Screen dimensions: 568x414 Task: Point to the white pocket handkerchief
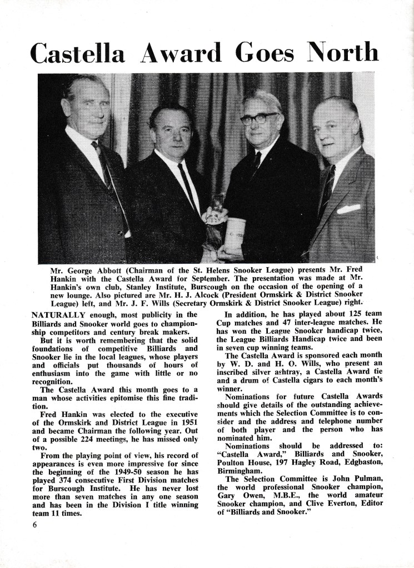(x=348, y=209)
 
